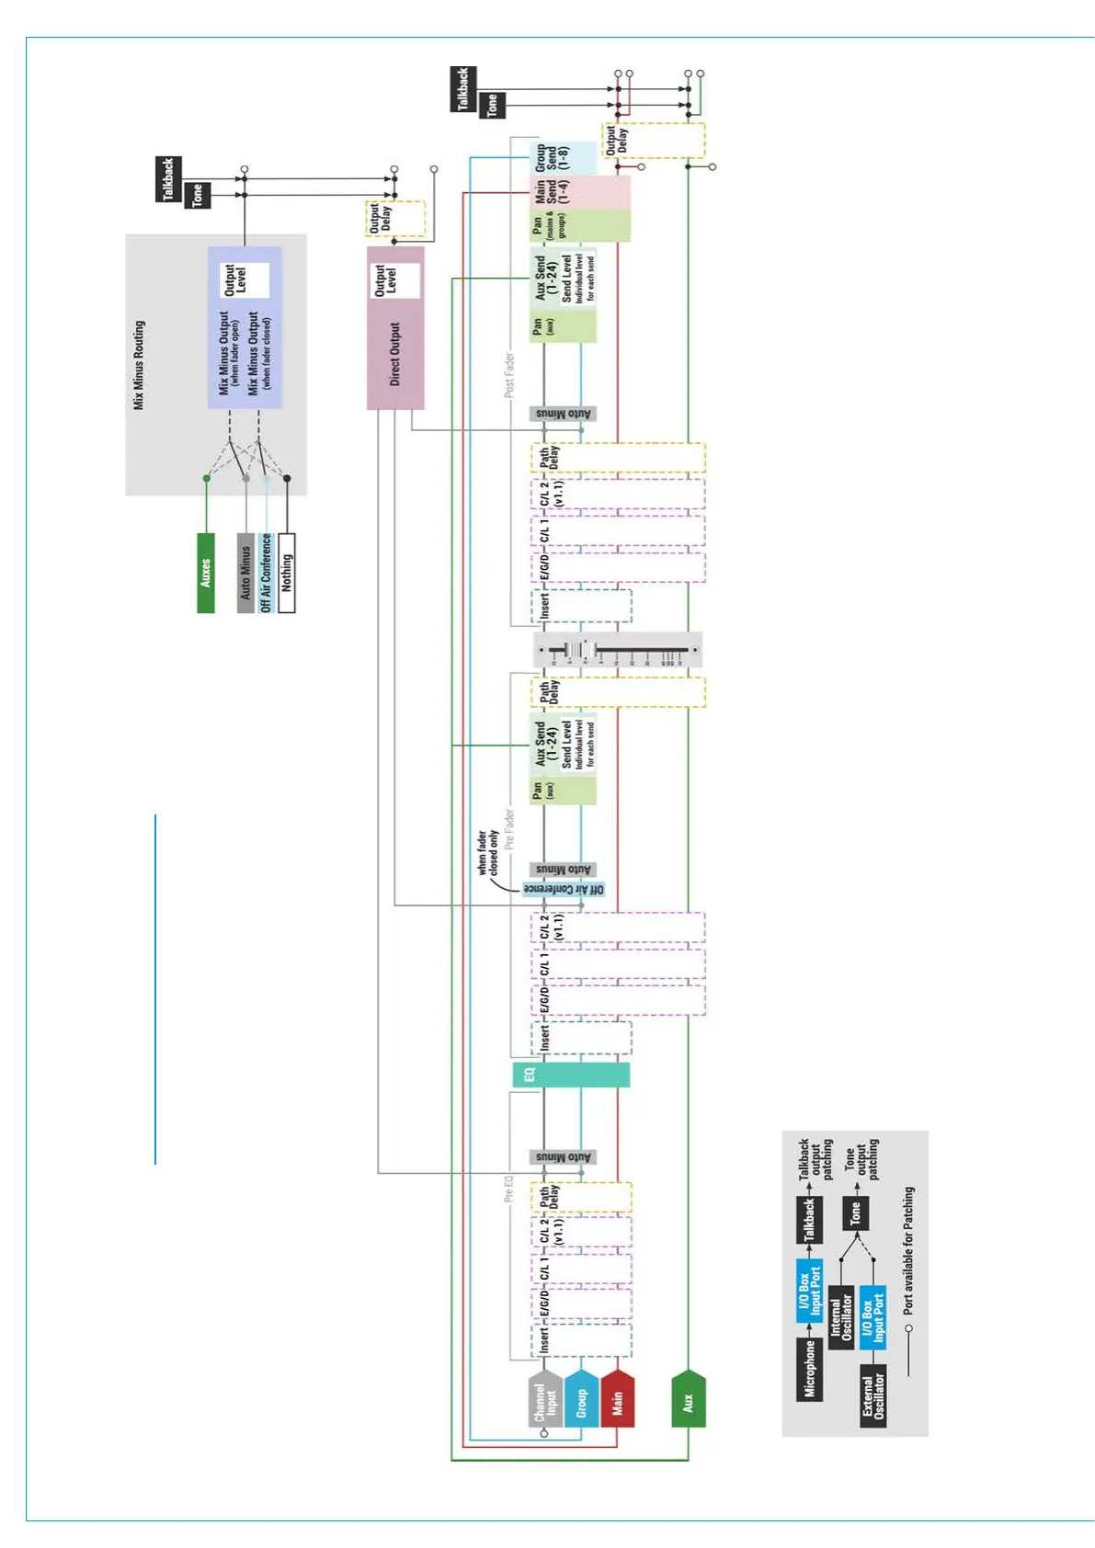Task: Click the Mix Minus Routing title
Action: click(x=139, y=365)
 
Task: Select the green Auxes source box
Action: click(x=206, y=573)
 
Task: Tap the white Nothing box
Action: click(x=287, y=573)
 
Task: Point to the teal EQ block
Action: click(x=571, y=1075)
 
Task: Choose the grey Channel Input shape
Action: click(x=545, y=1399)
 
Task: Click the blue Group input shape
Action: click(x=581, y=1399)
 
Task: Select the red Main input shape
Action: click(x=617, y=1399)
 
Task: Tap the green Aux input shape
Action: click(x=688, y=1399)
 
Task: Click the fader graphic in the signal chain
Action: click(x=618, y=650)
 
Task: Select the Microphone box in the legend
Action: click(x=809, y=1368)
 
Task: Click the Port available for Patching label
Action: click(x=908, y=1249)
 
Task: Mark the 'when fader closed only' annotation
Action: click(x=488, y=853)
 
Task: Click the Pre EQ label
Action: click(x=508, y=1188)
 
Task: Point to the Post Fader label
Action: click(x=509, y=375)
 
